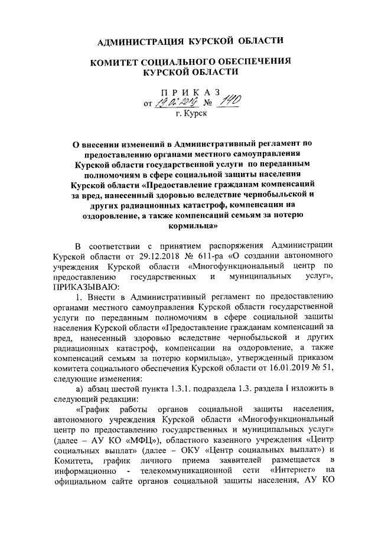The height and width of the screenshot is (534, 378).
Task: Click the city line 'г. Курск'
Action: pos(191,116)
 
